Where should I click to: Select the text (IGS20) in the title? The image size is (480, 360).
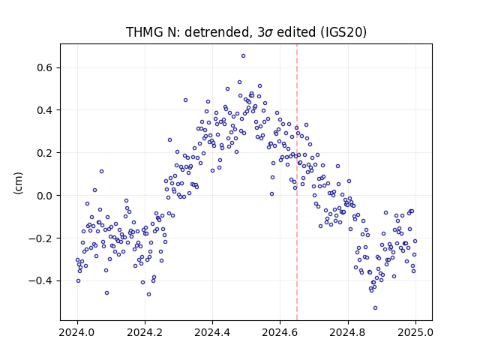343,32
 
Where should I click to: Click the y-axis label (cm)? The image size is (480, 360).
18,183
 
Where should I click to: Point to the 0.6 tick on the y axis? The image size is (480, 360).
45,67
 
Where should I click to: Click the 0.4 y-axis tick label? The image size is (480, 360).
45,110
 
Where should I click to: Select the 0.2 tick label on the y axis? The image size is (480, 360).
45,153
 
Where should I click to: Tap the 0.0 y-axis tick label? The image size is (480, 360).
45,196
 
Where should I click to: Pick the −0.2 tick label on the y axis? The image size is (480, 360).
40,238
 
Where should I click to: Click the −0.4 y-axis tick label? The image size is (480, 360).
40,280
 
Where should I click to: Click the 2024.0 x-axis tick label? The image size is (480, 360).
77,332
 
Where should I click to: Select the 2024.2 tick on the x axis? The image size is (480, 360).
145,332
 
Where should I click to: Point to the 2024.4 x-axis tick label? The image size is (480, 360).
212,332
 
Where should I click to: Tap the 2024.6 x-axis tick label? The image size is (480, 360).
280,332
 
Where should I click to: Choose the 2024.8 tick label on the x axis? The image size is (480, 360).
347,332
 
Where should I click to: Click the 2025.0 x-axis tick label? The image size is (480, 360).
415,332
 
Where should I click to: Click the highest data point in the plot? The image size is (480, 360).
243,56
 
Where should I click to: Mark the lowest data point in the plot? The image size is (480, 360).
375,308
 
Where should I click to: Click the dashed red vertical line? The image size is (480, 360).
297,182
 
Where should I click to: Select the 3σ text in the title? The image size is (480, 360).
265,32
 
